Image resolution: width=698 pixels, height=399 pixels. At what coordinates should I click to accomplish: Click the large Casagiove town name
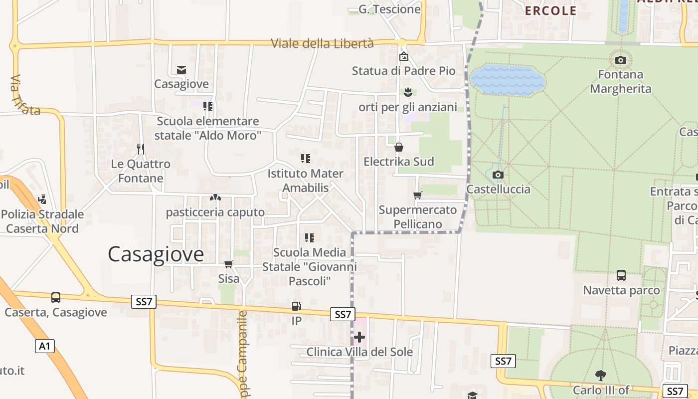click(x=156, y=254)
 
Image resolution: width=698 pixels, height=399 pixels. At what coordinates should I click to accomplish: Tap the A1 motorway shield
click(x=45, y=346)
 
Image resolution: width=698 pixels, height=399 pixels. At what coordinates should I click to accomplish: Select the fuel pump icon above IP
click(x=296, y=306)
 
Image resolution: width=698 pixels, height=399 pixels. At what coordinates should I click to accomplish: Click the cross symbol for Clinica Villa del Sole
click(x=359, y=337)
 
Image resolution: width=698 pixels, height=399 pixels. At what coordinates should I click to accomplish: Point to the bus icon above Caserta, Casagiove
click(x=56, y=298)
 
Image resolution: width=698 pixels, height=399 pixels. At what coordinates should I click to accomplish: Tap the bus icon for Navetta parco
click(x=621, y=275)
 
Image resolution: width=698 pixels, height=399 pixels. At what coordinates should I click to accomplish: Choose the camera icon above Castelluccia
click(x=498, y=175)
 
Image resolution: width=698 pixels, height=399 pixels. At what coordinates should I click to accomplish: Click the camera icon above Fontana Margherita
click(x=621, y=60)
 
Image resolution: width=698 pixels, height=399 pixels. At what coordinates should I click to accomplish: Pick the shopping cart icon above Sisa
click(x=229, y=263)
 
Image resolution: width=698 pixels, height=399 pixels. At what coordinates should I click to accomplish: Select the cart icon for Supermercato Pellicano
click(x=418, y=195)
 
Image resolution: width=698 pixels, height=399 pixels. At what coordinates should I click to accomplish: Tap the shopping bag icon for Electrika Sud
click(x=399, y=147)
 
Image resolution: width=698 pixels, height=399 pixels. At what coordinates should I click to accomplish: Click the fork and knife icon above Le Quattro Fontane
click(x=141, y=149)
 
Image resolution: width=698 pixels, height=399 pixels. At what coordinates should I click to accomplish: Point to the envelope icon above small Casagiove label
click(x=181, y=70)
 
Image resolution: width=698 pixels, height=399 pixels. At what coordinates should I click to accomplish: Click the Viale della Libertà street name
click(x=322, y=43)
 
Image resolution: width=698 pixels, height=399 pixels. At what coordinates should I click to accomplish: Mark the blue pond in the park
click(x=508, y=79)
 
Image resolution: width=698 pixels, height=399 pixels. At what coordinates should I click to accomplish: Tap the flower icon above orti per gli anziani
click(x=408, y=92)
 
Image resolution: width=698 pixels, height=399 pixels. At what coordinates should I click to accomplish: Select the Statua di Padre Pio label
click(x=403, y=71)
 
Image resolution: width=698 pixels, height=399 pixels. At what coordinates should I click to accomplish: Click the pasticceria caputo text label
click(x=215, y=212)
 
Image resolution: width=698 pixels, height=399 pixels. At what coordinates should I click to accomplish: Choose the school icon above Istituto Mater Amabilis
click(x=306, y=159)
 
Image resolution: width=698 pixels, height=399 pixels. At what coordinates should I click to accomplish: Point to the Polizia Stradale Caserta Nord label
click(x=42, y=221)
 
